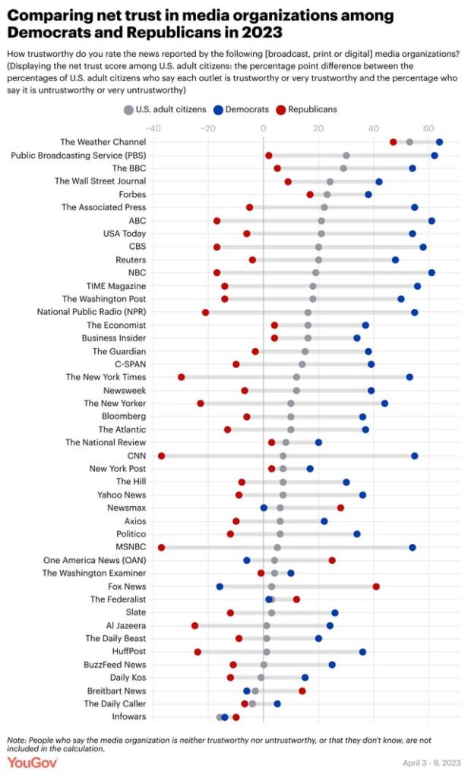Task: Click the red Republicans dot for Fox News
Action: click(x=376, y=587)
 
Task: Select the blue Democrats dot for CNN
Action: click(x=415, y=456)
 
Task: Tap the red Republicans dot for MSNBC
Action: click(x=161, y=547)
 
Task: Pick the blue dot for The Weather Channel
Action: click(x=439, y=142)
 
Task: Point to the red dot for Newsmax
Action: click(x=340, y=508)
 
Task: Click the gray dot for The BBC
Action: click(x=343, y=168)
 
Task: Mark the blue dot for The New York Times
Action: click(x=409, y=377)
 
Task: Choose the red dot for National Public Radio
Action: click(x=205, y=313)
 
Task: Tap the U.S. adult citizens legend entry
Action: click(x=165, y=109)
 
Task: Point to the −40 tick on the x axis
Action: click(x=153, y=128)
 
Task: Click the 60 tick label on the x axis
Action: click(x=428, y=128)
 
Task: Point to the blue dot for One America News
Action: click(x=247, y=560)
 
